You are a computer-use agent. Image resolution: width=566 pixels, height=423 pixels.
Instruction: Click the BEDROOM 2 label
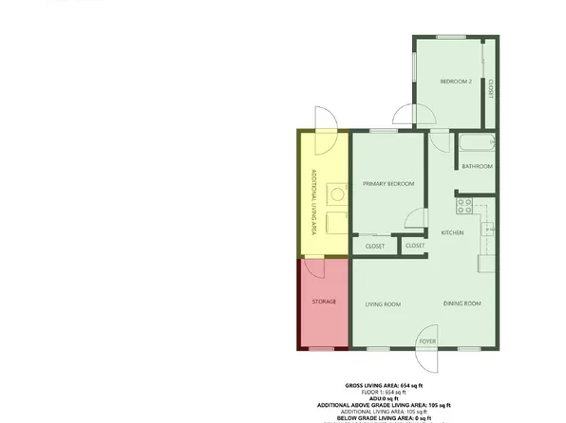tap(456, 82)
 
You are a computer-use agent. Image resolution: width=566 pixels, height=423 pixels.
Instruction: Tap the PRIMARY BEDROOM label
tap(387, 184)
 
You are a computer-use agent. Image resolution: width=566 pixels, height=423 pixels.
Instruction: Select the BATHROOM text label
tap(477, 166)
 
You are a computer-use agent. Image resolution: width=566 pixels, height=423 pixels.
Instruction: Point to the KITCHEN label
tap(453, 232)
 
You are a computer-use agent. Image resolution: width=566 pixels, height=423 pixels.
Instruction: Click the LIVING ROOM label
tap(384, 303)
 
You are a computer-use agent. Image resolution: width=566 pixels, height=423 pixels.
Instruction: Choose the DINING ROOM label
tap(462, 303)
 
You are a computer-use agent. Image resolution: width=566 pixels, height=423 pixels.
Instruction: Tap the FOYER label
tap(428, 340)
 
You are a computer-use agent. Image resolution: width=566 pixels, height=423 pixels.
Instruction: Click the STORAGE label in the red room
tap(325, 302)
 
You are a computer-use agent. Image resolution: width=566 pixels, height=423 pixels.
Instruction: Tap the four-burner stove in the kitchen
tap(464, 204)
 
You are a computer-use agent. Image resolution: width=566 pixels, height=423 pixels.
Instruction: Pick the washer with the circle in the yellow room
tap(336, 193)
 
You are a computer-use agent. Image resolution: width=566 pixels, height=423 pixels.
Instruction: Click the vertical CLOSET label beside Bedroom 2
tap(490, 87)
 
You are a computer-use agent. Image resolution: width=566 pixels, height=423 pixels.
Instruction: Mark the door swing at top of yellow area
tap(323, 120)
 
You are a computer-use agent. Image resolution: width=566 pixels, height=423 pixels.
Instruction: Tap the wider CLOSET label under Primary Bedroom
tap(374, 247)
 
